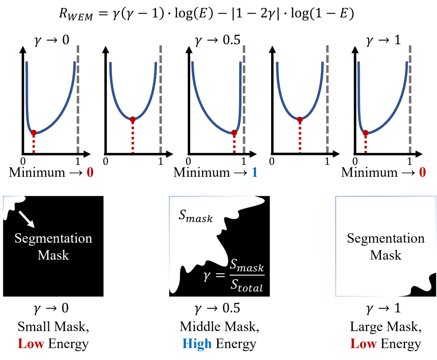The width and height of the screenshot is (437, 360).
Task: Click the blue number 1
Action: [255, 173]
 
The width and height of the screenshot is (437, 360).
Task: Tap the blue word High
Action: [197, 344]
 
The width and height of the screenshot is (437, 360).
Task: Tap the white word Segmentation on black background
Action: [53, 238]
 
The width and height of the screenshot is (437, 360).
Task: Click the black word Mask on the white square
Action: [386, 255]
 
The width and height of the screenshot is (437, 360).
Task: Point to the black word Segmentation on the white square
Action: [386, 238]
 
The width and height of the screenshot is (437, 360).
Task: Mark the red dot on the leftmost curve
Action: [34, 132]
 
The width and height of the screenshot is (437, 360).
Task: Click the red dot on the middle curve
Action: [234, 132]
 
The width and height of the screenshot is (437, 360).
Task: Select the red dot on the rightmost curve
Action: [365, 133]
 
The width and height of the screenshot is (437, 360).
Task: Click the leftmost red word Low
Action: [31, 344]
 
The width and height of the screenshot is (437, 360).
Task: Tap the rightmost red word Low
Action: [363, 344]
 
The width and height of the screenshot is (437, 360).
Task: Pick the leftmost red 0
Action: [90, 173]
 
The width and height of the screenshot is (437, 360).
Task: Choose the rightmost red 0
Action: [422, 173]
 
